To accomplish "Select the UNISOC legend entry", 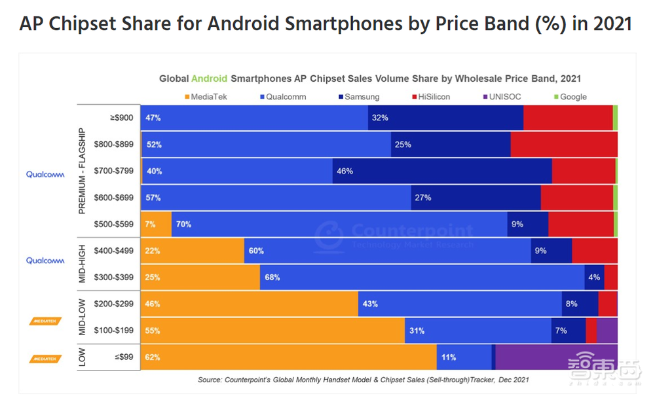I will point(503,97).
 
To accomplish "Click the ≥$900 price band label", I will point(121,118).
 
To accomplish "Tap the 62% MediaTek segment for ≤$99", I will point(288,357).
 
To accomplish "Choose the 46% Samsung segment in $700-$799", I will point(442,172).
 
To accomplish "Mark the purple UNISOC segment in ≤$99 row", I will point(557,357).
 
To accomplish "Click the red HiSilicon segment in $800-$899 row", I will point(564,145).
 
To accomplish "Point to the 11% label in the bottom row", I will point(449,357).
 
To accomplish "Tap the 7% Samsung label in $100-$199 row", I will point(561,331).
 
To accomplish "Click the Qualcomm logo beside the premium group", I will point(45,175).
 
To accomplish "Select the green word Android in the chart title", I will point(209,79).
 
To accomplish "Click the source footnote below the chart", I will point(363,380).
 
